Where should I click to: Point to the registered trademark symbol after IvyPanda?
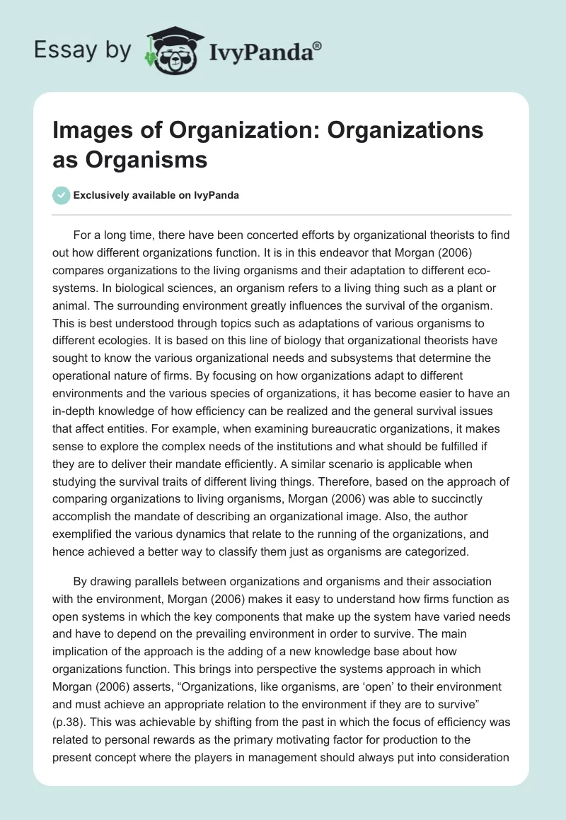pos(318,45)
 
